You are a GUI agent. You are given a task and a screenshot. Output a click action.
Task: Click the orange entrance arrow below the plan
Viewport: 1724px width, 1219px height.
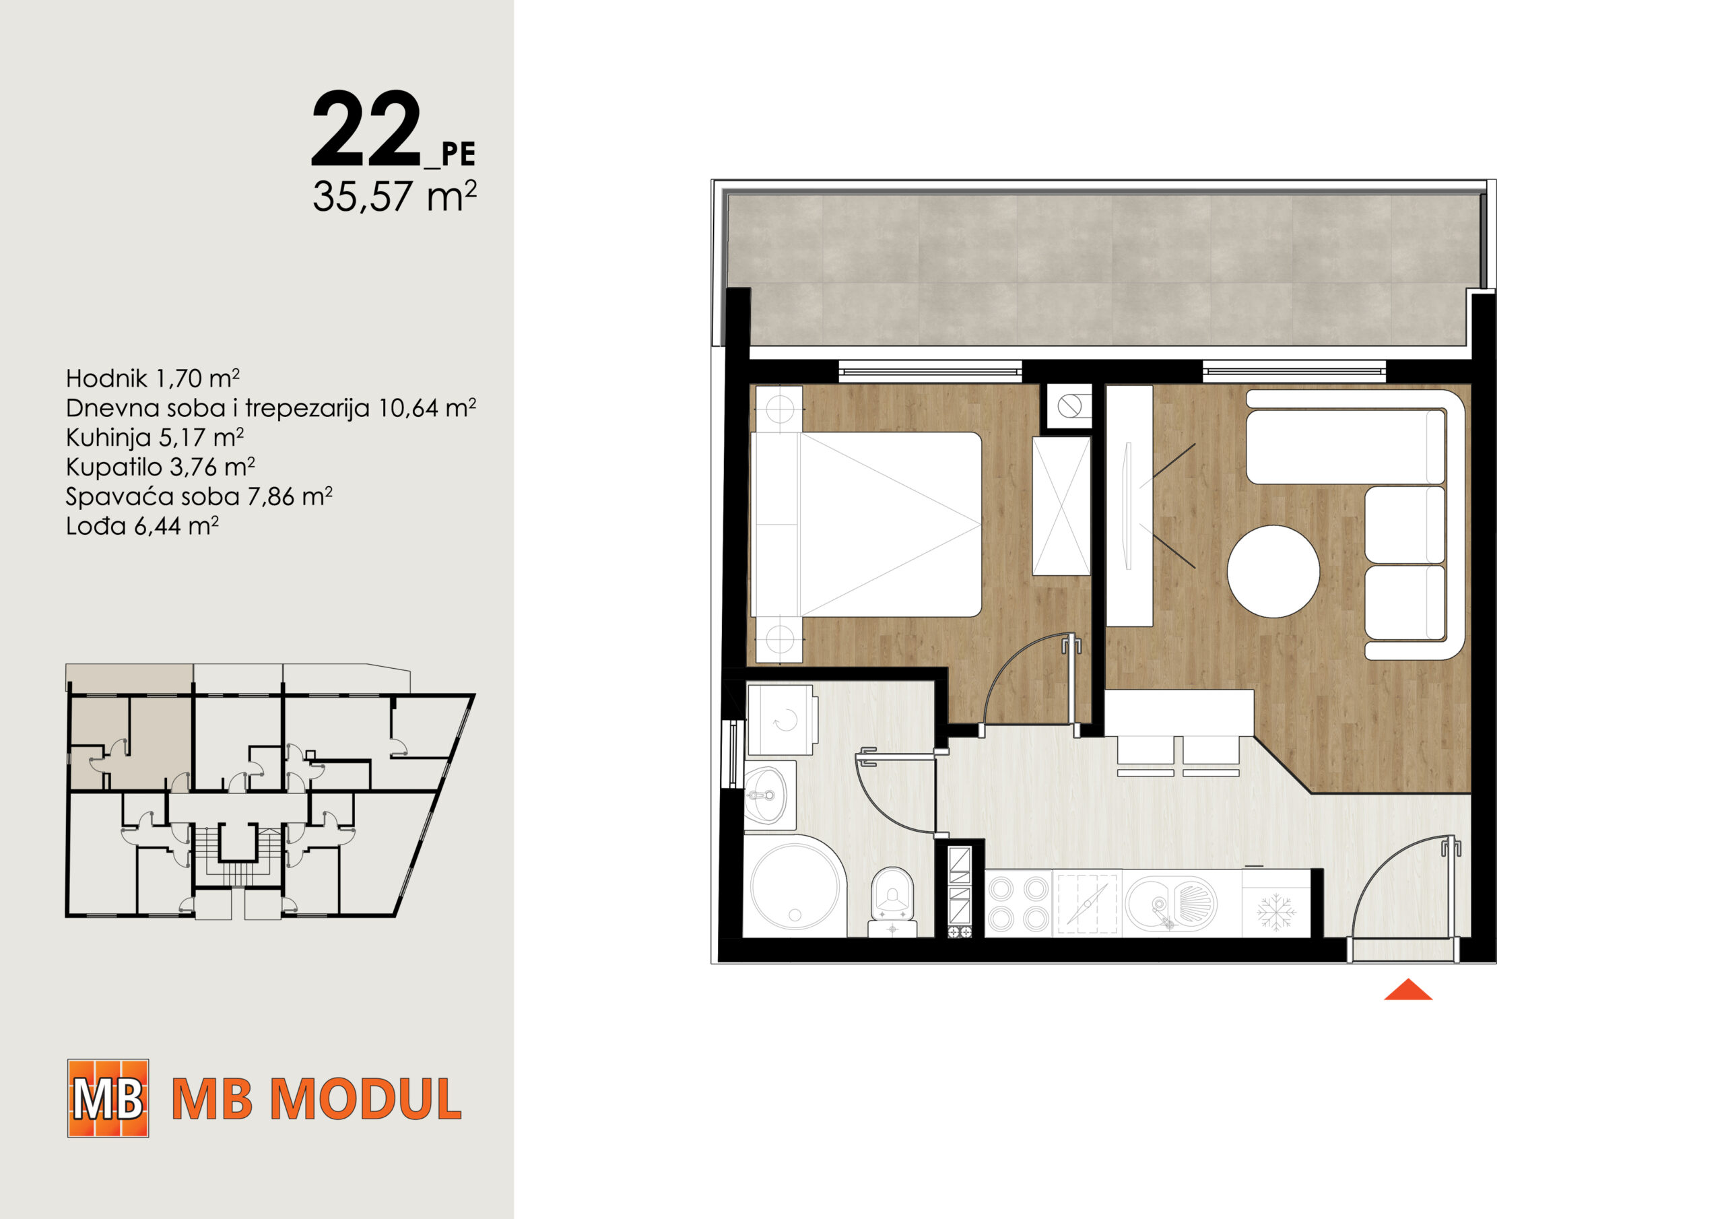pos(1408,990)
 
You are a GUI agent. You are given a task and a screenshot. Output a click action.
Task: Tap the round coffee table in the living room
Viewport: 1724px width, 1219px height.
pos(1273,571)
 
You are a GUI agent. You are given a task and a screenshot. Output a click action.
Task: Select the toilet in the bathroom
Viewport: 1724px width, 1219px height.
pos(892,902)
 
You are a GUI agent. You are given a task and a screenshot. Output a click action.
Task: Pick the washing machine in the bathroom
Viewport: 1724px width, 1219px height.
pos(782,719)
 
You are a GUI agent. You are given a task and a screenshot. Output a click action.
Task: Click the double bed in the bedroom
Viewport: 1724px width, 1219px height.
pos(867,524)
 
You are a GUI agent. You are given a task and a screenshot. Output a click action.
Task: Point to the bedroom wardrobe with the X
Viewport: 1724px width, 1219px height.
pos(1061,506)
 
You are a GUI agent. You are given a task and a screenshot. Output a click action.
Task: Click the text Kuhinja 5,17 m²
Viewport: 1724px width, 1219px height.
pos(155,437)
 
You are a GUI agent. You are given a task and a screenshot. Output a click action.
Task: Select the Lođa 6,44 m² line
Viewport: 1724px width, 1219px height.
pos(142,526)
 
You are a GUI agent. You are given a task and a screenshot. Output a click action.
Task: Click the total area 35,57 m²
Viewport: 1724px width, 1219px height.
pos(394,196)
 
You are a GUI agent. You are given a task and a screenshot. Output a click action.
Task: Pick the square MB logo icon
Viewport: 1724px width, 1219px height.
pos(108,1098)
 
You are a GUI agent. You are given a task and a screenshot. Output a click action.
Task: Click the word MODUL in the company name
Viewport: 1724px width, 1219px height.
pos(366,1100)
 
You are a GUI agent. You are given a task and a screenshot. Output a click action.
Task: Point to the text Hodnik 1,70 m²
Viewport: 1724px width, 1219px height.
pos(152,378)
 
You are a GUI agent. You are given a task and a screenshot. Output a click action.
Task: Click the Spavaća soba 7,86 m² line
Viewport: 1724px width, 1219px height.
pos(199,496)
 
